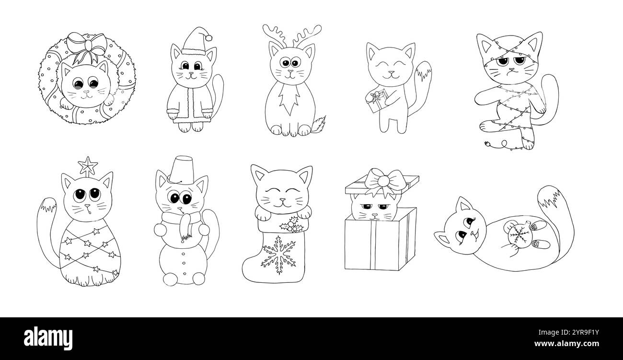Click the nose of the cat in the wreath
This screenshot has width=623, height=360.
click(85, 91)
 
